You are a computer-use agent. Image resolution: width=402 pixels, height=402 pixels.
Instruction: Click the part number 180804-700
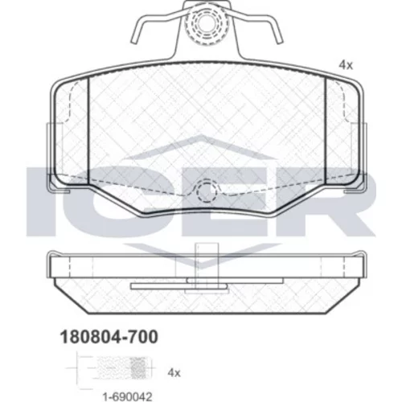109,337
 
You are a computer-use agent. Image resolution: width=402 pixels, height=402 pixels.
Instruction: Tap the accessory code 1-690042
128,396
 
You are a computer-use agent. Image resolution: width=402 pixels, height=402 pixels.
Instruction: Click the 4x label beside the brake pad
346,65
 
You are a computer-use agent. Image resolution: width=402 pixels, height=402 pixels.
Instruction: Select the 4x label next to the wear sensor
174,373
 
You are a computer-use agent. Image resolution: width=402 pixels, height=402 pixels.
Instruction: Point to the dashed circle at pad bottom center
207,191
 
